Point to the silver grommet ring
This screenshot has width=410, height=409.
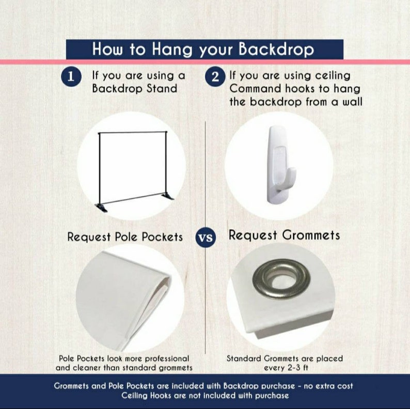(281, 279)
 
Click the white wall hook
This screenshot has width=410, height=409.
(279, 167)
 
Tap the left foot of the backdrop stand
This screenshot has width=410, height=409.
(101, 206)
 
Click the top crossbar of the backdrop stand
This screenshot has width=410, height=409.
(132, 133)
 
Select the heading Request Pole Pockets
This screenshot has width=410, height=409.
(125, 237)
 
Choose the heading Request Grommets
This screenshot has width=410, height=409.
(284, 235)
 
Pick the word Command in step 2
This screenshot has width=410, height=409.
(257, 89)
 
